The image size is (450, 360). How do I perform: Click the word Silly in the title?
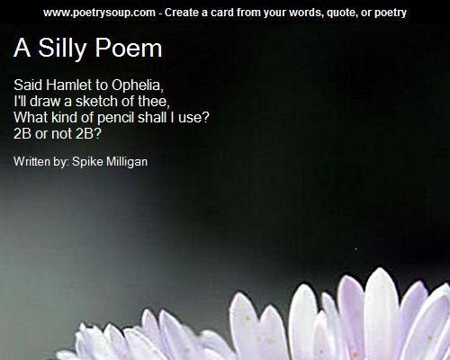click(62, 48)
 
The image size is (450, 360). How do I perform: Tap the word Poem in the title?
click(129, 48)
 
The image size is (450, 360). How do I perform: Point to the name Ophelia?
click(138, 85)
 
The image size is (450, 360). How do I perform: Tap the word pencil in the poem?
click(115, 118)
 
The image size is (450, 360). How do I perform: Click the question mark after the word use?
click(205, 117)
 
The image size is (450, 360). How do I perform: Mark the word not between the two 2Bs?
click(61, 133)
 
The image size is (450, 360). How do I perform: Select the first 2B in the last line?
click(22, 133)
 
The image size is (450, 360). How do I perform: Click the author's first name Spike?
click(87, 162)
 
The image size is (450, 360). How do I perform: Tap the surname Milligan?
click(127, 162)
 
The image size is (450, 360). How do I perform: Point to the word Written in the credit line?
click(31, 161)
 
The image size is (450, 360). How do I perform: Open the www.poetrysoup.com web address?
click(99, 13)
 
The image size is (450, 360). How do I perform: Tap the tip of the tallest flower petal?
click(381, 268)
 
